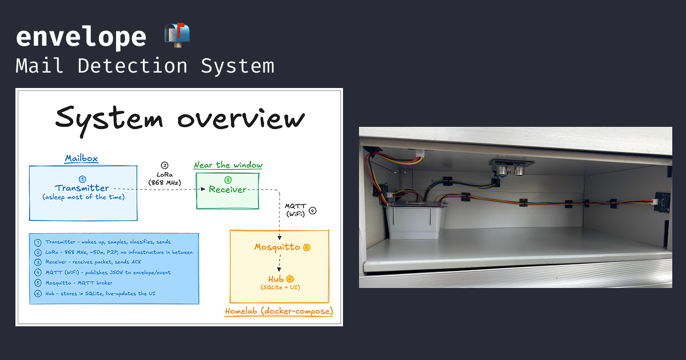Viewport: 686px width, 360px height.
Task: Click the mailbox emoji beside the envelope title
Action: point(177,35)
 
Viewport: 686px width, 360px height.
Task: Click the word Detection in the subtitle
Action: point(132,66)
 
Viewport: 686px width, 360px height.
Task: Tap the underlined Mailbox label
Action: point(81,159)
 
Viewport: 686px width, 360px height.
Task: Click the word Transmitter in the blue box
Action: point(82,187)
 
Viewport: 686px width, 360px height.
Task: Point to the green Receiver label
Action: point(228,190)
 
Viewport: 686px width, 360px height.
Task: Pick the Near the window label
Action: point(228,165)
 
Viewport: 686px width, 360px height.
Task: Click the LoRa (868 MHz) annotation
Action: point(165,178)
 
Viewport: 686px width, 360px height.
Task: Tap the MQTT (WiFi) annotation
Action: point(296,210)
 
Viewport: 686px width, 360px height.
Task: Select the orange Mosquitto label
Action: point(277,247)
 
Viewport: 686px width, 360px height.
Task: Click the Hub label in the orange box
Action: point(276,279)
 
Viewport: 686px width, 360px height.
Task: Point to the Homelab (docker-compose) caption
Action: point(279,311)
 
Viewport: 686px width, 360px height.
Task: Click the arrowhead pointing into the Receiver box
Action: point(203,189)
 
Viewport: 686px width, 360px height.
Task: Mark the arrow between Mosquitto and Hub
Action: point(280,263)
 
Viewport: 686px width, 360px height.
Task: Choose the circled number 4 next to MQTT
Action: point(312,211)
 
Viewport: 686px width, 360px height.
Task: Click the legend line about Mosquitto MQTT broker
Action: point(79,283)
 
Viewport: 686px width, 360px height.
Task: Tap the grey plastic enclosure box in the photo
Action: point(415,220)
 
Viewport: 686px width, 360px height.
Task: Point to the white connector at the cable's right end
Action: point(655,202)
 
